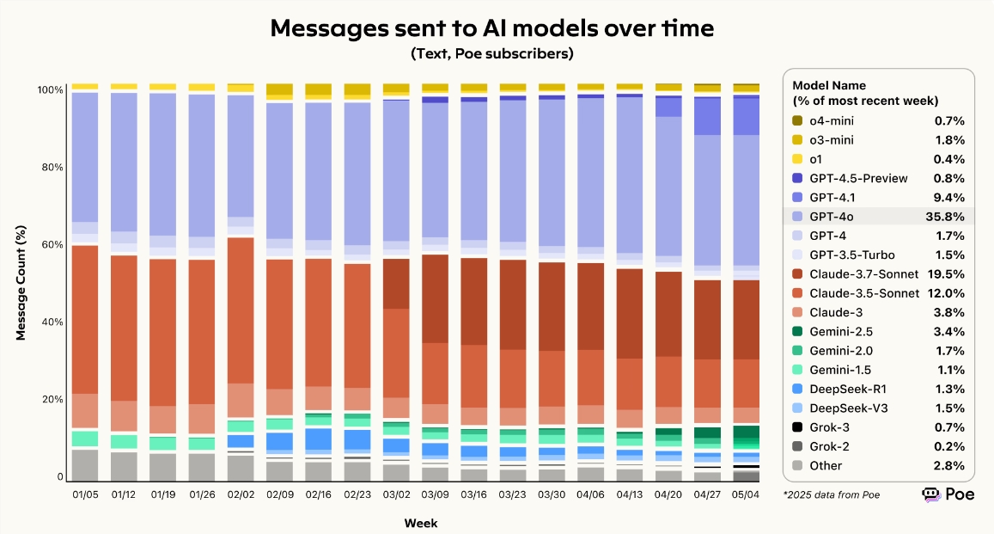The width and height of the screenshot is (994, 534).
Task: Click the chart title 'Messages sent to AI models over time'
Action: (492, 28)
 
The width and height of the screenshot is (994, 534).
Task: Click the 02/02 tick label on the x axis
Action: (241, 494)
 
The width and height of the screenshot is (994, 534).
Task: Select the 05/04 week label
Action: (746, 494)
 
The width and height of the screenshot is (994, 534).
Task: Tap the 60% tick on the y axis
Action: (52, 245)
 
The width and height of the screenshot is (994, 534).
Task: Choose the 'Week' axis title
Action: (420, 522)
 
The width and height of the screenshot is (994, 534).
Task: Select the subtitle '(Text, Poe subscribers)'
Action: (492, 54)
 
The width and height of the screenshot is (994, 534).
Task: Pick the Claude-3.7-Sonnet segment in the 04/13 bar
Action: (630, 313)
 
